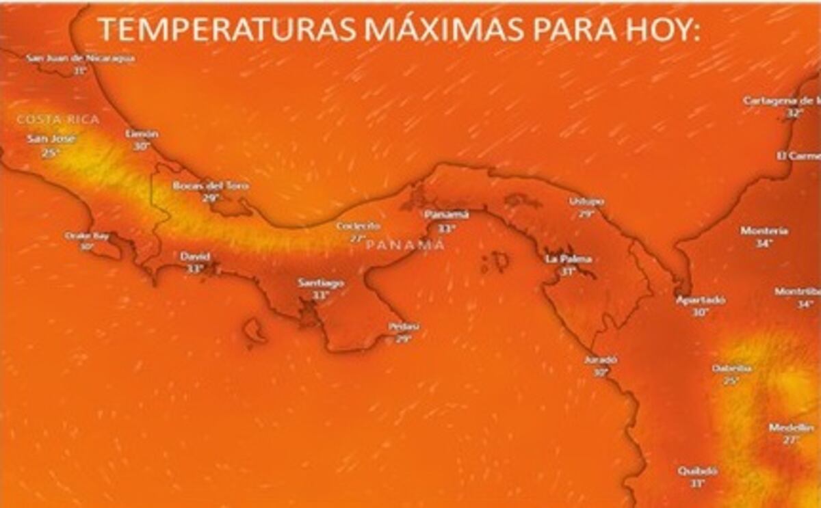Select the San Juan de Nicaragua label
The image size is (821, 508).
81,58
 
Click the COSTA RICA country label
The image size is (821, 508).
58,120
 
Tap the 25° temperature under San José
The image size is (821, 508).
50,153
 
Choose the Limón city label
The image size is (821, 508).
142,134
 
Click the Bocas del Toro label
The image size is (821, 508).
211,185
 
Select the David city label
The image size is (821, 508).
195,256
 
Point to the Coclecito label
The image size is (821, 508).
358,226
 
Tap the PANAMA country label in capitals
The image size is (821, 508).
406,244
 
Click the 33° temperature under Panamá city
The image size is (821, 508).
447,228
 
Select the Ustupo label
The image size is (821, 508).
586,202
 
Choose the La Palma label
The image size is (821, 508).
568,259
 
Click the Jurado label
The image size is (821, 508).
601,360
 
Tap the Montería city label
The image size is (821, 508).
764,231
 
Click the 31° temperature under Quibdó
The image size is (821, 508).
697,483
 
